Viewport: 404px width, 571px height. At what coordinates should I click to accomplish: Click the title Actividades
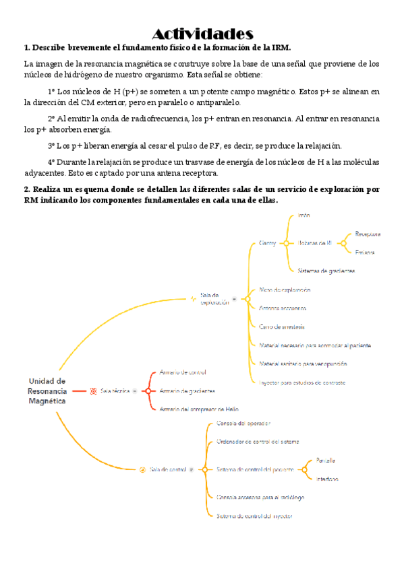[x=202, y=34]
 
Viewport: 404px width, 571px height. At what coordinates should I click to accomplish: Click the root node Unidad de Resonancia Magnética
[x=47, y=391]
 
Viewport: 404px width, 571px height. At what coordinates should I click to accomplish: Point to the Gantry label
[x=268, y=243]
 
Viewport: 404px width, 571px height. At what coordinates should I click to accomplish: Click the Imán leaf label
[x=304, y=215]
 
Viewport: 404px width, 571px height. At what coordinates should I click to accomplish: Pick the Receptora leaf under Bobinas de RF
[x=368, y=234]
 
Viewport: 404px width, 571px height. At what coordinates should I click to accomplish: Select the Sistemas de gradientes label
[x=326, y=271]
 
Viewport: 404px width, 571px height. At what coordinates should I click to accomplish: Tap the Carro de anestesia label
[x=282, y=327]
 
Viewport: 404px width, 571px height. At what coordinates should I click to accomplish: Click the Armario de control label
[x=183, y=372]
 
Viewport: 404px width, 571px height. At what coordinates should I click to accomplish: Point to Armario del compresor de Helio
[x=199, y=409]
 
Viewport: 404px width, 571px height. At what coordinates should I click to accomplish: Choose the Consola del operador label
[x=243, y=424]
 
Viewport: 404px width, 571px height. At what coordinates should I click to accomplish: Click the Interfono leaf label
[x=326, y=479]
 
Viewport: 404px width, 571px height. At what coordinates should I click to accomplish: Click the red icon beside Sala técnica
[x=93, y=391]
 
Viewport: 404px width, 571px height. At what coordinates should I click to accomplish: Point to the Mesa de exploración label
[x=285, y=290]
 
